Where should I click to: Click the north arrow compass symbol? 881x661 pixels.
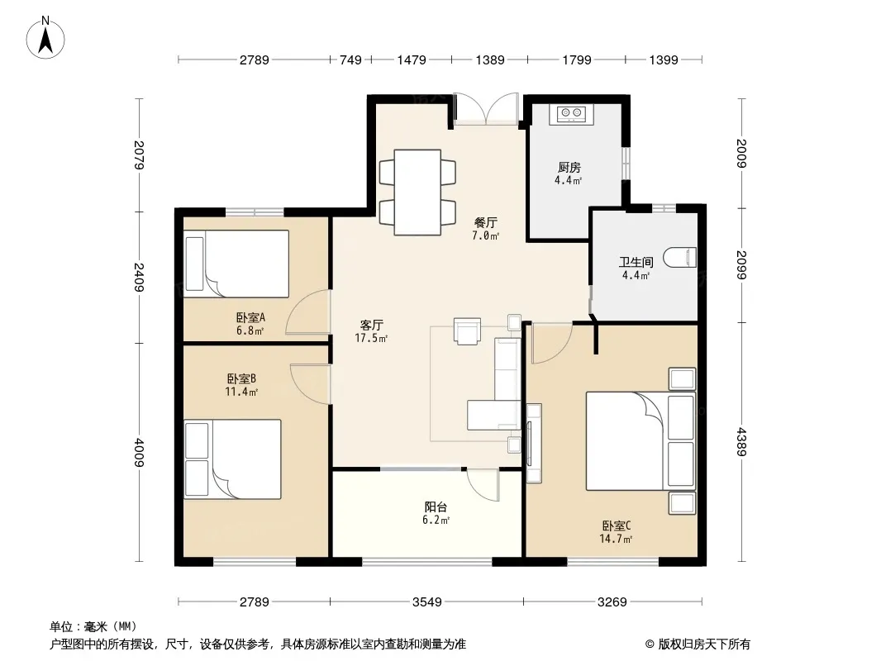[x=45, y=38]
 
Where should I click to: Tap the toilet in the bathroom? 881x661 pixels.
[x=680, y=258]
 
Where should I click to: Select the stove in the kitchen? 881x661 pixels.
[x=571, y=114]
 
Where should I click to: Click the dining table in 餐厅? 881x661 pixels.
[x=417, y=192]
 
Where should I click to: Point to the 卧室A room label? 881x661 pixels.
[x=250, y=318]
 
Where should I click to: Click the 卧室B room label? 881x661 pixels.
[x=241, y=379]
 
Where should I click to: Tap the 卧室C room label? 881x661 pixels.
[x=617, y=526]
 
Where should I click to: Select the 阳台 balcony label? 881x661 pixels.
[x=436, y=507]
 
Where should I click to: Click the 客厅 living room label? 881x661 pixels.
[x=371, y=326]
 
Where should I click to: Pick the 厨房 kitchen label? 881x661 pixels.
[x=569, y=168]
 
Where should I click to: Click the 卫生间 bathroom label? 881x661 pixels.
[x=636, y=262]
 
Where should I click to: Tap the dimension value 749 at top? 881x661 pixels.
[x=350, y=60]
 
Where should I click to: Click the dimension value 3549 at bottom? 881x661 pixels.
[x=427, y=602]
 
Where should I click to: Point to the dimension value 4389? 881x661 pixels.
[x=741, y=442]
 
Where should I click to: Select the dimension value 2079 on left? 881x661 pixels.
[x=140, y=155]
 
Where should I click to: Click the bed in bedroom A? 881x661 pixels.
[x=236, y=264]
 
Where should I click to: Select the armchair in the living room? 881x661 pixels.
[x=468, y=331]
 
